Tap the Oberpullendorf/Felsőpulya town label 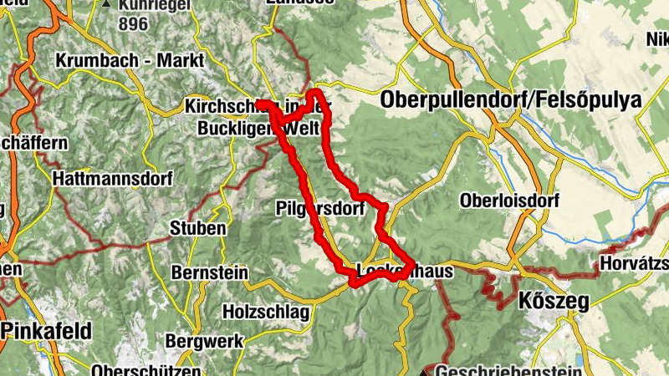click(510, 100)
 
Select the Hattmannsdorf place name click(112, 179)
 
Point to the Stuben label click(197, 228)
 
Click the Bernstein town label click(209, 272)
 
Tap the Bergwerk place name click(204, 341)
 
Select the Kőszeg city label click(554, 301)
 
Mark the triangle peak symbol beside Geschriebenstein click(425, 371)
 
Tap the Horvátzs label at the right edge click(634, 265)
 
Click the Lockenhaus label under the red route click(405, 272)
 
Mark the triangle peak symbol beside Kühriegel click(106, 4)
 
